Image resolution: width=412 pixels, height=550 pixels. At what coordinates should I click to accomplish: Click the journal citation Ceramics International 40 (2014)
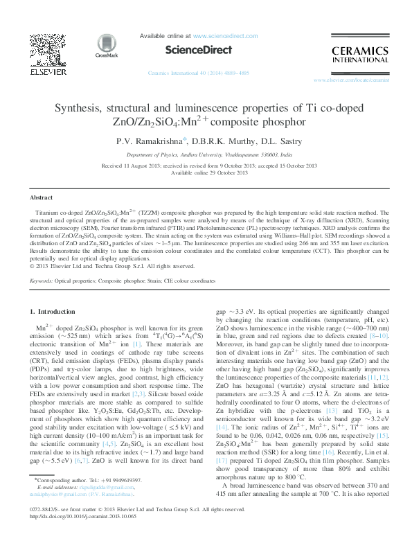tap(186, 73)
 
